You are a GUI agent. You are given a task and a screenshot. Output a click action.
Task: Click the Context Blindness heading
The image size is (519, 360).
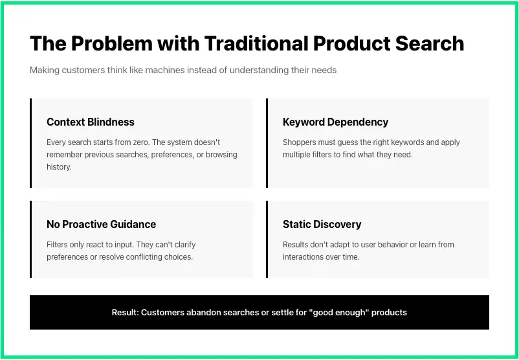pyautogui.click(x=91, y=122)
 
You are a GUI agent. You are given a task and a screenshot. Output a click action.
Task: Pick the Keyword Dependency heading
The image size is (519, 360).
pyautogui.click(x=335, y=122)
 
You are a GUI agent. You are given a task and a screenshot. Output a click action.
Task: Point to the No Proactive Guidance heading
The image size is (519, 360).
pyautogui.click(x=101, y=224)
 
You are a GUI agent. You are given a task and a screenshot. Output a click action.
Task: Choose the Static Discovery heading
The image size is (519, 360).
pyautogui.click(x=322, y=224)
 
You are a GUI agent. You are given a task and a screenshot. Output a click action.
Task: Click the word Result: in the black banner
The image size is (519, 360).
pyautogui.click(x=125, y=312)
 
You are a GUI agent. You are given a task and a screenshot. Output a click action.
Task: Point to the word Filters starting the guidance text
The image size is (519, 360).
pyautogui.click(x=58, y=245)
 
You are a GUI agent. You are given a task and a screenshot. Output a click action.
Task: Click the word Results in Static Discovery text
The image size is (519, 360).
pyautogui.click(x=297, y=245)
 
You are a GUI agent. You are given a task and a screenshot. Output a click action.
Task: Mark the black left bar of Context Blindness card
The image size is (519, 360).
pyautogui.click(x=30, y=143)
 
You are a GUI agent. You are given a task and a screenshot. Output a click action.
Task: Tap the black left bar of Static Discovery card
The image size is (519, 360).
pyautogui.click(x=267, y=239)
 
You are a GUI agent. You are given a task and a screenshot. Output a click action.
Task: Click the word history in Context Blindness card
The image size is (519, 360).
pyautogui.click(x=58, y=166)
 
